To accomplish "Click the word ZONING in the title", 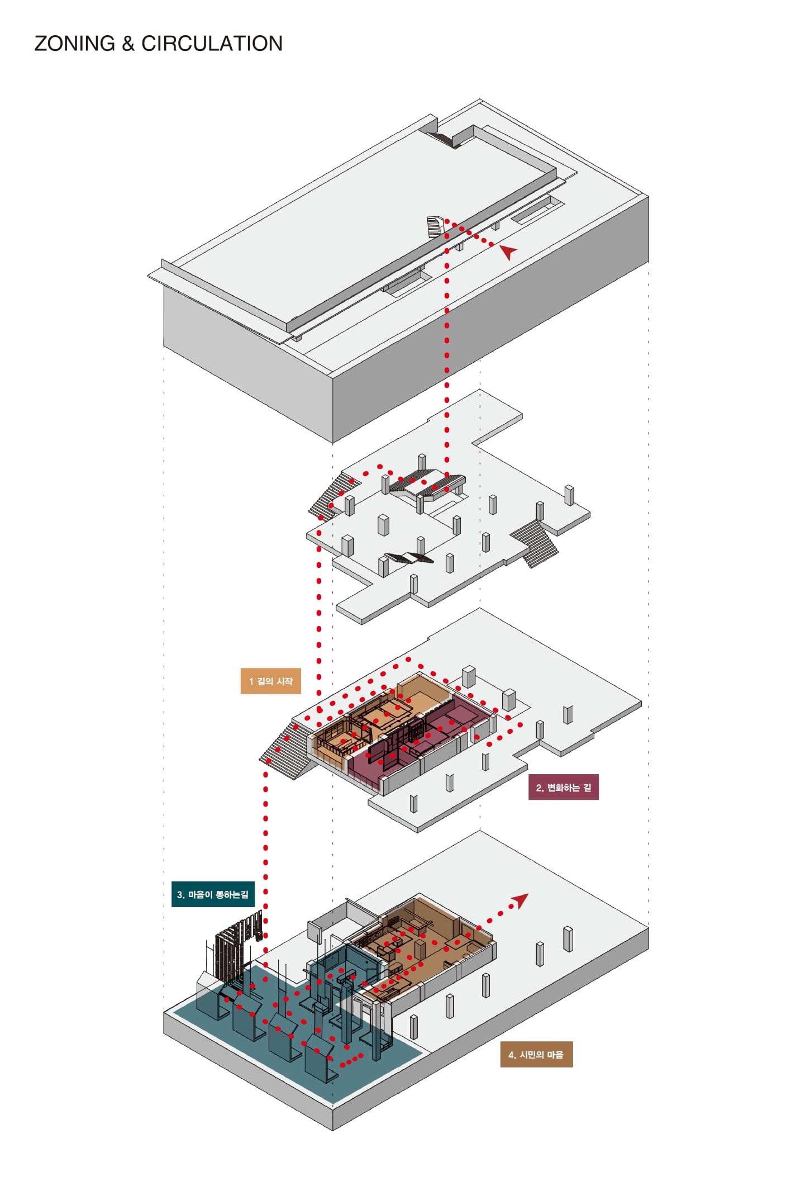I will [74, 44].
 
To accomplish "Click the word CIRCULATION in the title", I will [212, 44].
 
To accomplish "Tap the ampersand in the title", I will [128, 44].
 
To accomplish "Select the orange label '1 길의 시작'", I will [270, 681].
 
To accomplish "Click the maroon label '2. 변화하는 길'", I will [563, 788].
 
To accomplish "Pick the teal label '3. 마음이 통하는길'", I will [213, 894].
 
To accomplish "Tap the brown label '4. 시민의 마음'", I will [536, 1055].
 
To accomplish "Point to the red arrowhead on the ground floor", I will [519, 900].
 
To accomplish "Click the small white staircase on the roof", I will [435, 226].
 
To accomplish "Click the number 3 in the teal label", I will [180, 895].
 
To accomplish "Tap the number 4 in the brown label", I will [511, 1055].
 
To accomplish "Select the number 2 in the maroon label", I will [539, 788].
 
